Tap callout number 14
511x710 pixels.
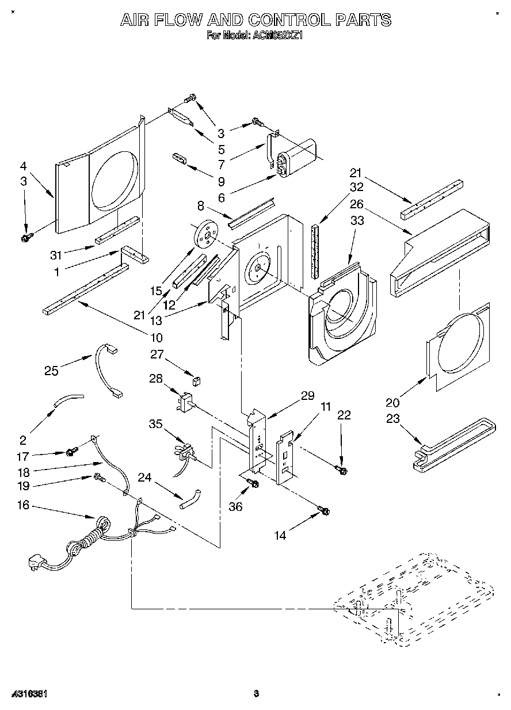pos(280,536)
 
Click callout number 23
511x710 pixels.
pos(392,419)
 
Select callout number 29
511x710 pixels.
pos(307,395)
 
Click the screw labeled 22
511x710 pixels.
pos(344,471)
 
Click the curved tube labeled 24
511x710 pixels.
pos(189,499)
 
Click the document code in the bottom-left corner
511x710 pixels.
pos(28,694)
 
